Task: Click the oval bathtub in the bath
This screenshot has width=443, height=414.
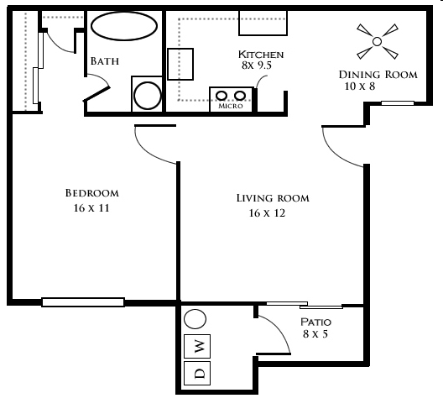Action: coord(124,26)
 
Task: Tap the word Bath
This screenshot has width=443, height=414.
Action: coord(105,61)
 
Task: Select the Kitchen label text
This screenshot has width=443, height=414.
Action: coord(261,55)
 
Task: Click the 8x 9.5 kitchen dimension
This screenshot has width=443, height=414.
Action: coord(257,66)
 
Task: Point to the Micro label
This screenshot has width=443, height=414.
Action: coord(231,106)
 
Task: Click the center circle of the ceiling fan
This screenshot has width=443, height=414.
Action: coord(377,42)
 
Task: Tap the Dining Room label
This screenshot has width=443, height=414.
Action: coord(378,75)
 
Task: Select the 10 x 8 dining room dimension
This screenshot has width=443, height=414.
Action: coord(360,86)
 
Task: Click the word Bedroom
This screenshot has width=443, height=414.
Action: coord(92,193)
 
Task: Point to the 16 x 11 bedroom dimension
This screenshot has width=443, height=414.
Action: coord(91,208)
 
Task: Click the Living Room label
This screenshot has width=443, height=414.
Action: coord(273,198)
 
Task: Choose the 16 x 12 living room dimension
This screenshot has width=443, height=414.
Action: coord(267,213)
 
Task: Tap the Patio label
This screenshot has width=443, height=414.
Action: coord(315,322)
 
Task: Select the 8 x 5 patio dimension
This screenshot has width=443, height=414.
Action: coord(315,334)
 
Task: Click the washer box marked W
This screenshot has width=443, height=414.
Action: coord(197,346)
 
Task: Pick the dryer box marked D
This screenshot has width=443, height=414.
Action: coord(197,373)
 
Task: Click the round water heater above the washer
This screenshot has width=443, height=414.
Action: coord(195,319)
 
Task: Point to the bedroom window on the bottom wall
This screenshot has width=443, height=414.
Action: coord(83,302)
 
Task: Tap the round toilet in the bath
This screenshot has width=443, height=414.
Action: coord(147,96)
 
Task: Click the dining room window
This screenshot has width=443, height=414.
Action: coord(398,103)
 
